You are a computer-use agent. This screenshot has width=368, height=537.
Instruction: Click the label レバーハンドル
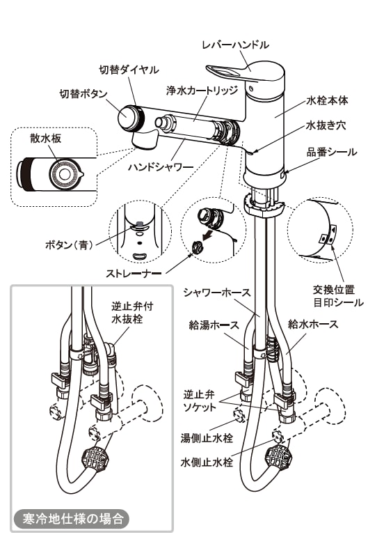(x=234, y=45)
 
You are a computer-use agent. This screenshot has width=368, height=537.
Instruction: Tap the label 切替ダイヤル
(x=129, y=70)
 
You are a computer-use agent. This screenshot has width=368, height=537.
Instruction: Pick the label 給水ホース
(x=313, y=324)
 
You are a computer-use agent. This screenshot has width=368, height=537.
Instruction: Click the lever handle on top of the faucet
(x=241, y=74)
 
